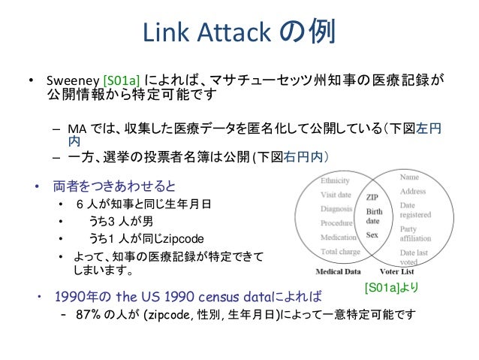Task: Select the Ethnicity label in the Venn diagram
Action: pos(335,181)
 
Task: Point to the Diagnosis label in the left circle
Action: pos(337,210)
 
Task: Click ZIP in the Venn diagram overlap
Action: pos(372,197)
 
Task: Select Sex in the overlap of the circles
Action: pos(372,234)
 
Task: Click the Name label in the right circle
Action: pos(410,177)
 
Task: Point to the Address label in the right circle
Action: pos(414,192)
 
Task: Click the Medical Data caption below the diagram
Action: pos(336,271)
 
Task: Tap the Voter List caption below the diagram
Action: pos(396,271)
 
